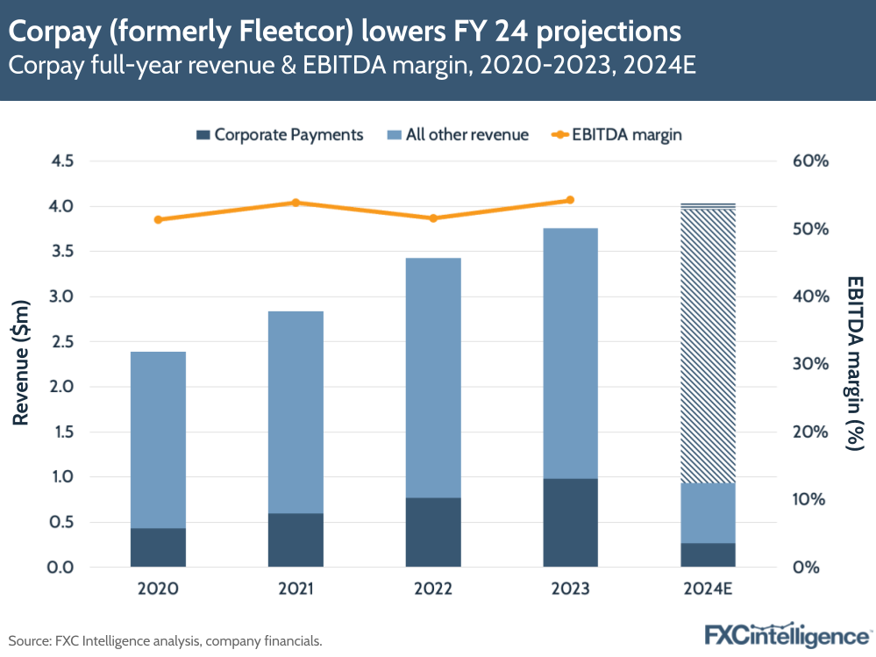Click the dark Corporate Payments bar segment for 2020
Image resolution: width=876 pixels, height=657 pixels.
159,547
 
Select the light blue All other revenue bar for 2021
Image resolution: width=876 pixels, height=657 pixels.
296,412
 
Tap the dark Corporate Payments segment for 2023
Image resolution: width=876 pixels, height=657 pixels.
570,523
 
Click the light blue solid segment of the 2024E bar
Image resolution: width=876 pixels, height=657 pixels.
708,513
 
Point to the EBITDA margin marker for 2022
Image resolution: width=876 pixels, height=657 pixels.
433,218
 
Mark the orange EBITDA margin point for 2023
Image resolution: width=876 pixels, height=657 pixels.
570,200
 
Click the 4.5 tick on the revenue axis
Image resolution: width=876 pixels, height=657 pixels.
62,161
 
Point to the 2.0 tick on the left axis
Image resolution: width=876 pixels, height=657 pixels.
62,387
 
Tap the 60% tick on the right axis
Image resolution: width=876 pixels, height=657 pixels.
810,161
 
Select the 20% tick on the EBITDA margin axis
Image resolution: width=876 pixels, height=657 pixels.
810,432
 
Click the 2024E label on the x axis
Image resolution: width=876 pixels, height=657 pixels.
708,589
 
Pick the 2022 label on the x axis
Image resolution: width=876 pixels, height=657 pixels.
433,589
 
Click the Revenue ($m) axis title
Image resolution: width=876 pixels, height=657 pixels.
22,364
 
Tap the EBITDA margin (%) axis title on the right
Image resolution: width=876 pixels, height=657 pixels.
854,364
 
